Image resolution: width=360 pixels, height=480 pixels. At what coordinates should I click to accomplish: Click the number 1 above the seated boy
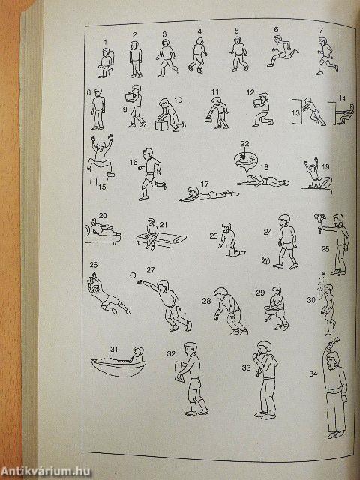[106, 42]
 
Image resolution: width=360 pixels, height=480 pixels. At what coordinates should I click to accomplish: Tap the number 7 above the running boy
[321, 30]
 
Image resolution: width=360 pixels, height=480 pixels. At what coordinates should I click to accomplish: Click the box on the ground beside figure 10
[160, 124]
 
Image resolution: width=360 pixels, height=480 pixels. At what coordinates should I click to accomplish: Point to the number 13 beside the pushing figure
[295, 112]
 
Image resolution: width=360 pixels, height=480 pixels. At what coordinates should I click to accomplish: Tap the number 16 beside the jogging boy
[133, 162]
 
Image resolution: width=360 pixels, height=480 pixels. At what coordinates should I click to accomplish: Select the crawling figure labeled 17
[209, 194]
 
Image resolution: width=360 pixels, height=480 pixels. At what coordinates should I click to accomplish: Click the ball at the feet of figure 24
[265, 260]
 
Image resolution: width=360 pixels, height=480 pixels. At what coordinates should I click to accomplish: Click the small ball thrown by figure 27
[133, 275]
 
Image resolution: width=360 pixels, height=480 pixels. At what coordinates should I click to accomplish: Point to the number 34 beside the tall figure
[313, 373]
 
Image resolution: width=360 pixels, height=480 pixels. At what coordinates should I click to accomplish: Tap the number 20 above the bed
[103, 215]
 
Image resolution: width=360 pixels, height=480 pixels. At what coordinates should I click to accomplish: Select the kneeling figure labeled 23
[230, 240]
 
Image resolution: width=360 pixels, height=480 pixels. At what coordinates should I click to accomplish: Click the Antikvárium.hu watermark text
[45, 472]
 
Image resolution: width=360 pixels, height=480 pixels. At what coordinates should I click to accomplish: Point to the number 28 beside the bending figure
[206, 301]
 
